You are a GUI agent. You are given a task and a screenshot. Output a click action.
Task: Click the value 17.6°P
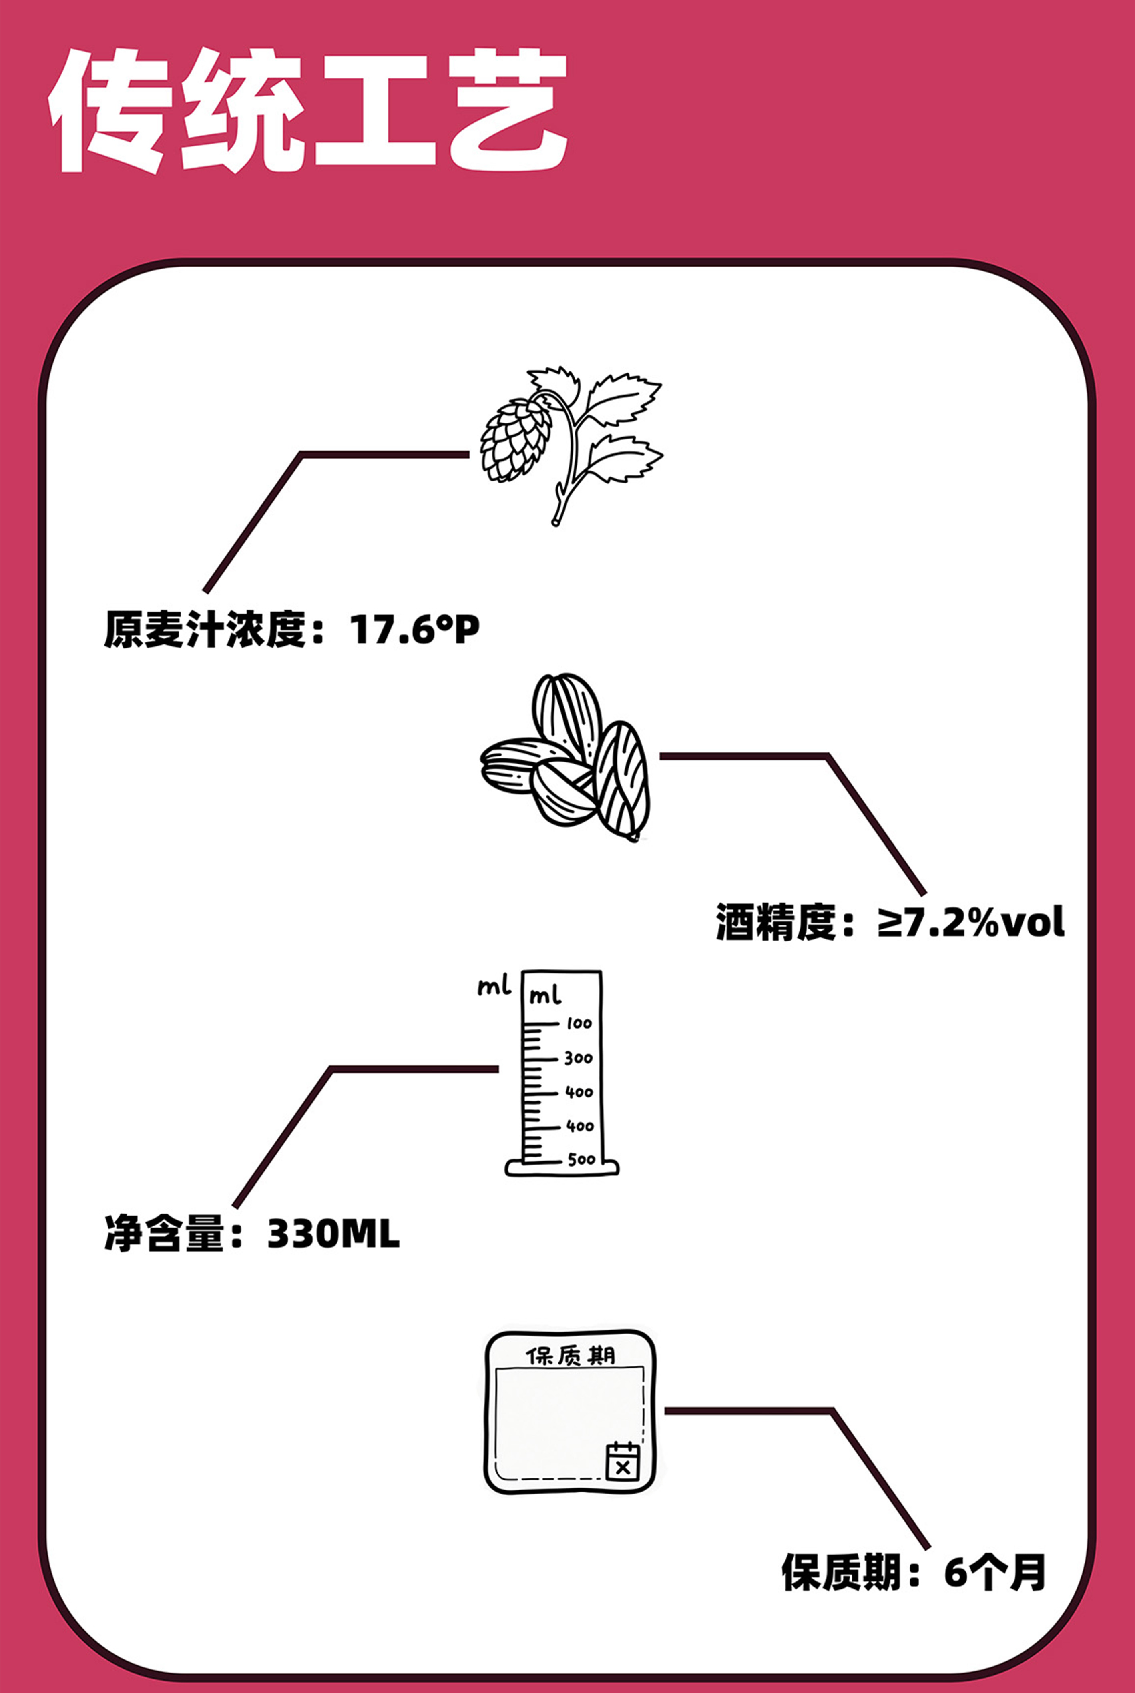[414, 630]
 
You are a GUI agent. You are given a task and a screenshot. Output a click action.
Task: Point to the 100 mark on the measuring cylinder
[579, 1023]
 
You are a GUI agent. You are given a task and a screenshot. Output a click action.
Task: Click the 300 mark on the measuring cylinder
[579, 1058]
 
